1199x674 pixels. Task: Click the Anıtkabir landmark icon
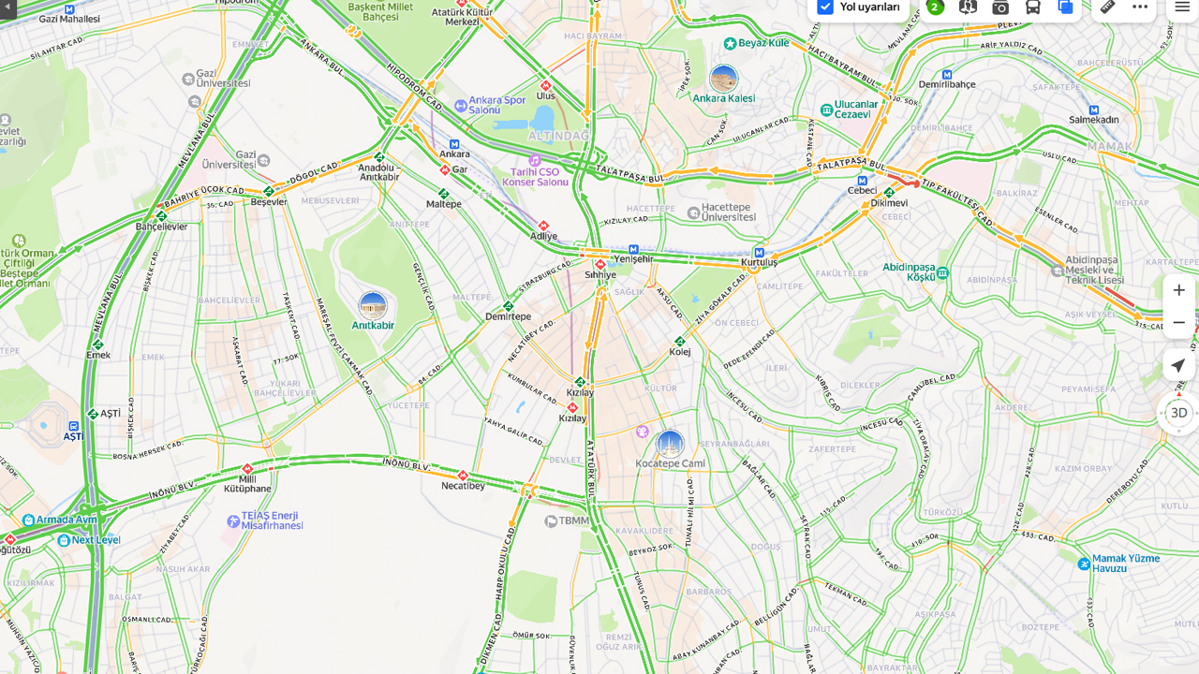click(x=373, y=305)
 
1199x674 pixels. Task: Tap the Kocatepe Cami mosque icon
click(x=670, y=444)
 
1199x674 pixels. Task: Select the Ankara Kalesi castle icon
click(x=723, y=79)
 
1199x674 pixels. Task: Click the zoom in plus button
click(x=1178, y=290)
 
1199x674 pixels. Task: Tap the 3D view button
click(x=1178, y=413)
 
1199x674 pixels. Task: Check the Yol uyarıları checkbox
click(x=825, y=7)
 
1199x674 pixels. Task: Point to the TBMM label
click(x=574, y=520)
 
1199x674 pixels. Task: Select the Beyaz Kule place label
click(x=763, y=43)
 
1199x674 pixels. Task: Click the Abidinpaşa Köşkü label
click(x=909, y=272)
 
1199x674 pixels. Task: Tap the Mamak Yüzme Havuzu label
click(x=1125, y=563)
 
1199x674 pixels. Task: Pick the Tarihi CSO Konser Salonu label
click(x=536, y=177)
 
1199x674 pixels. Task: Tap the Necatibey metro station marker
click(x=463, y=476)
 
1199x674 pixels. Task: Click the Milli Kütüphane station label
click(x=247, y=484)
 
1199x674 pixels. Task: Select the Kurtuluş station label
click(x=760, y=263)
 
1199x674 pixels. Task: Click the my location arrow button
click(x=1178, y=366)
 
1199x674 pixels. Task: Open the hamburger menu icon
click(x=1182, y=7)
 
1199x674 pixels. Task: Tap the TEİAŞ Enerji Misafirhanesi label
click(x=272, y=520)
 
